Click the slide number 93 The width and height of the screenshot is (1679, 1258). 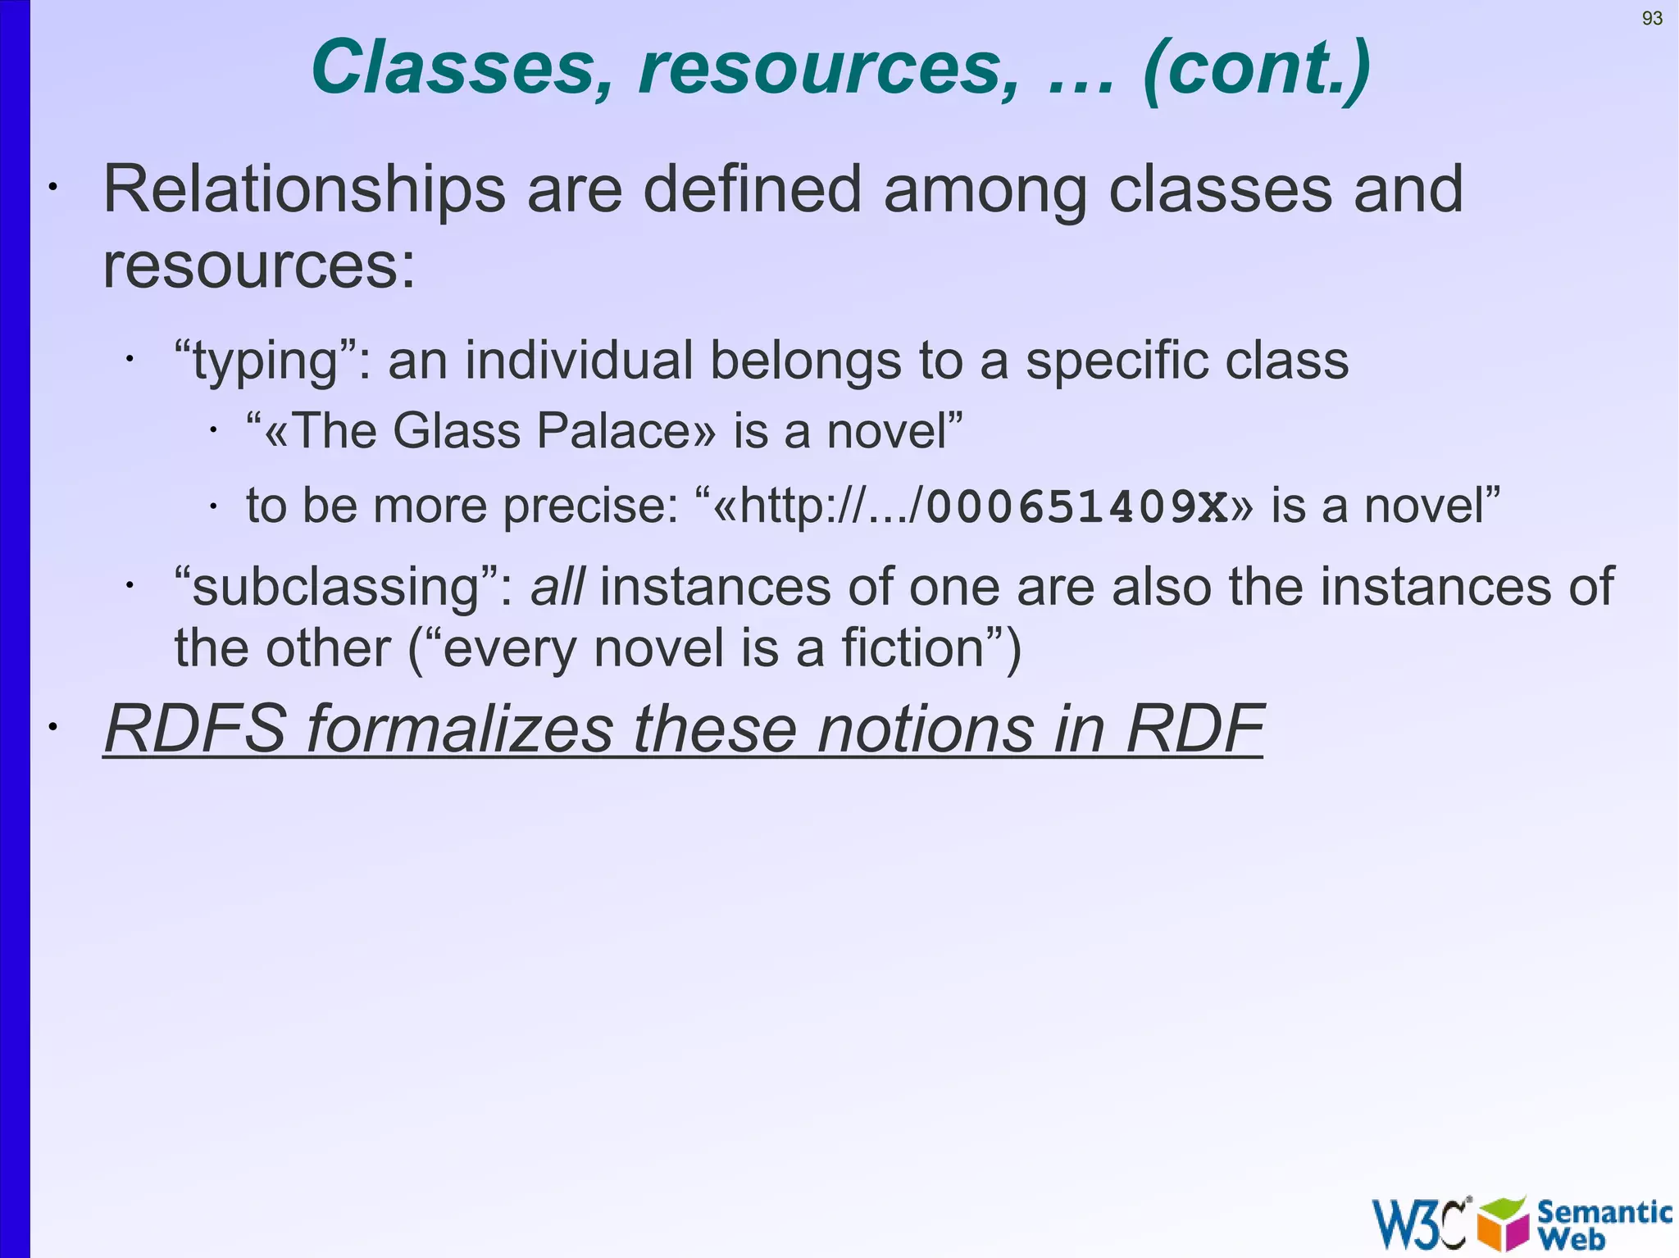point(1652,19)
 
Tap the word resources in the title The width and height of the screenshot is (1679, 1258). point(829,68)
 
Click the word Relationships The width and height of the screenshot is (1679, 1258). point(304,190)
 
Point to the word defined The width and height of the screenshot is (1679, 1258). point(752,190)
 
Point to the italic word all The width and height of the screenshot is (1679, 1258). point(557,587)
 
